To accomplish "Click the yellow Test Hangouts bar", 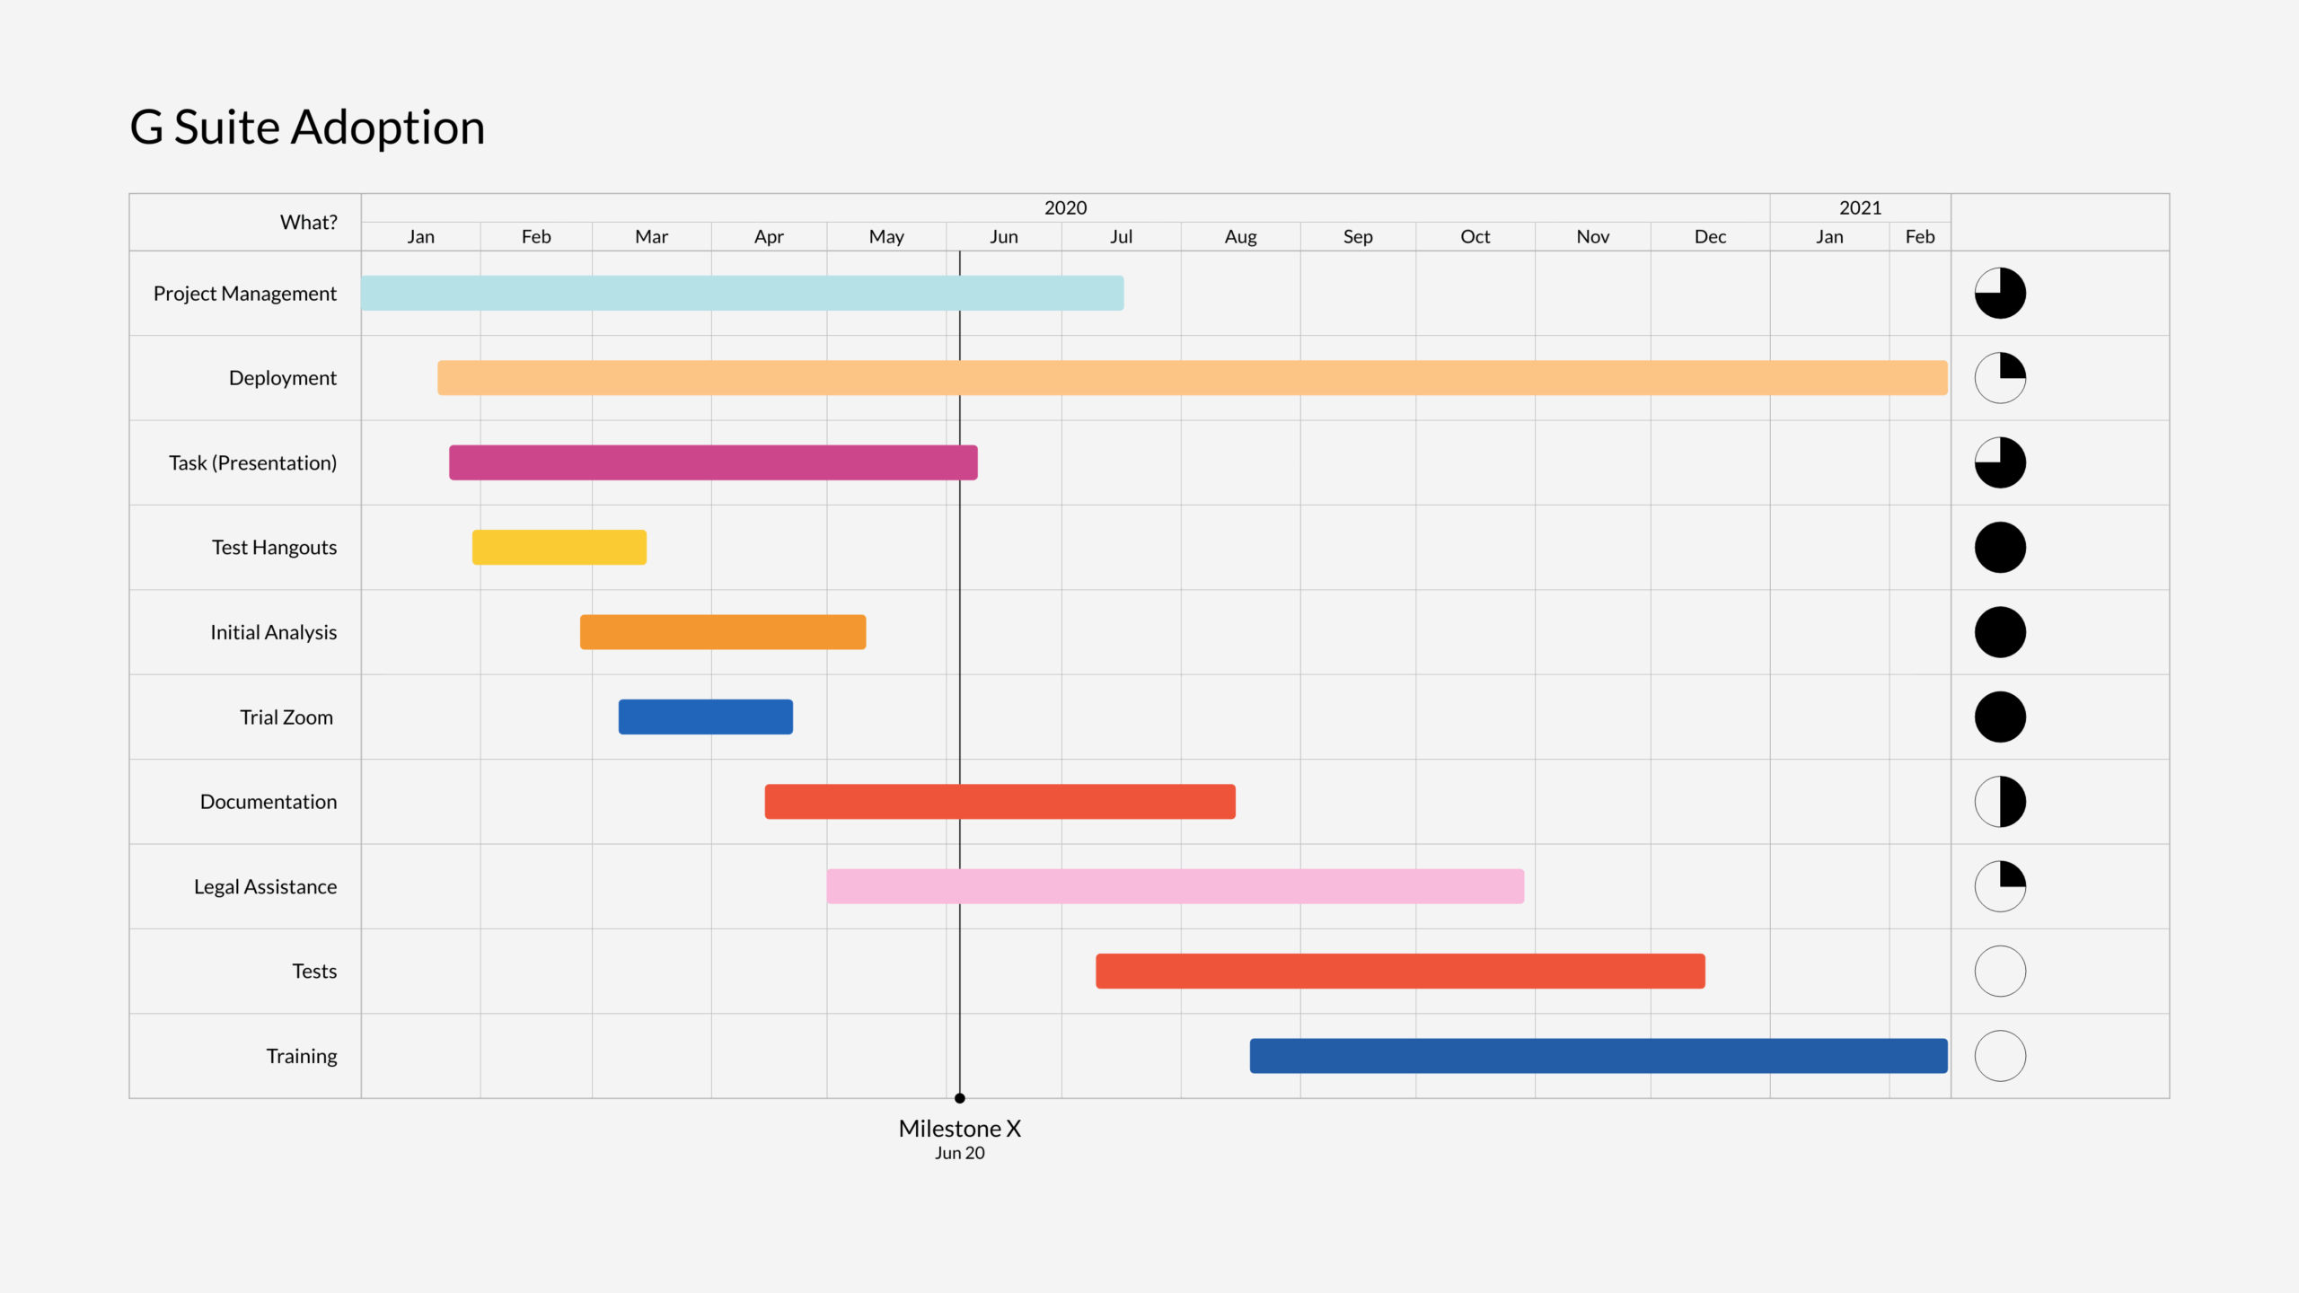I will [559, 547].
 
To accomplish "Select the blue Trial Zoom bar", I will [705, 717].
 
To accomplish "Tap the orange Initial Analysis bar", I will [722, 632].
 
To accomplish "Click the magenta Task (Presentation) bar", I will [712, 462].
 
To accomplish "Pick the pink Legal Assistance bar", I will [1175, 886].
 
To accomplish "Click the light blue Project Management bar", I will [741, 293].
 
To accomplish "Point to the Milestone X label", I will [959, 1129].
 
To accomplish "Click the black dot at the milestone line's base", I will [959, 1098].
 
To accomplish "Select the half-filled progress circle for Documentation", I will [2000, 802].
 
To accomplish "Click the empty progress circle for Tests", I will [2000, 971].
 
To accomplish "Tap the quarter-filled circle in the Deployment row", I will [2000, 378].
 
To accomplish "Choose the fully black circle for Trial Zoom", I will [2000, 717].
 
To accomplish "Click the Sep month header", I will [1357, 236].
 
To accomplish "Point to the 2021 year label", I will [1859, 207].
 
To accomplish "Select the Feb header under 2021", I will [1919, 236].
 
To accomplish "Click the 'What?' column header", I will [308, 222].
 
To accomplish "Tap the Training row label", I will [301, 1056].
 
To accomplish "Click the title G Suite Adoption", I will [307, 127].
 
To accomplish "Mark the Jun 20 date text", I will [959, 1153].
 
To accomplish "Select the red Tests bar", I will [1399, 971].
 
